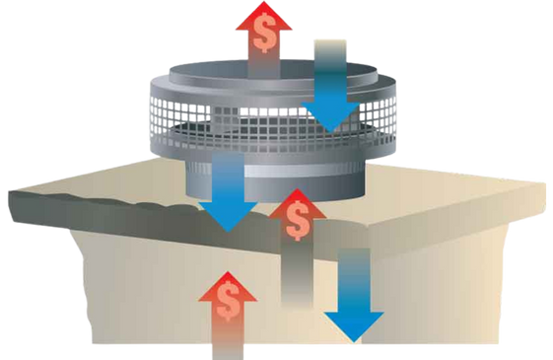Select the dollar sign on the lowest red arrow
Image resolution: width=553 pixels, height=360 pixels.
pyautogui.click(x=229, y=301)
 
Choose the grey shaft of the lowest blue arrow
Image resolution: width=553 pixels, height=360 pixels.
pyautogui.click(x=350, y=276)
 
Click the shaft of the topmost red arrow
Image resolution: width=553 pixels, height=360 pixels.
pyautogui.click(x=263, y=63)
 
